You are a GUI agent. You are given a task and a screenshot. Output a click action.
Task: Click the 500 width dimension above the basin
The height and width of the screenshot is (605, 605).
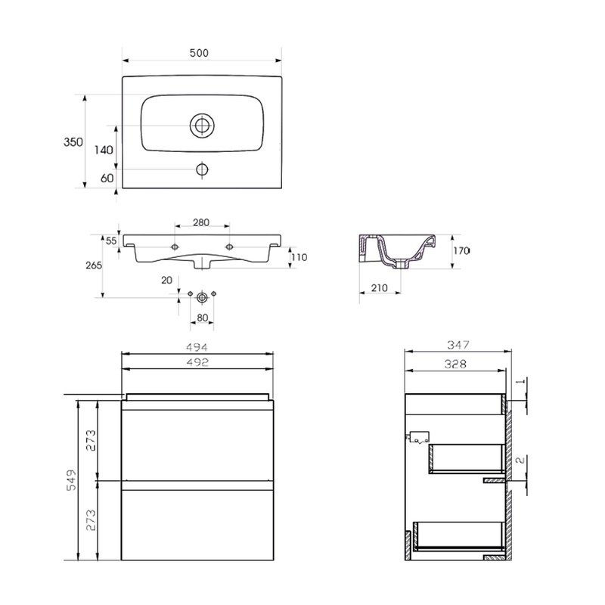click(x=199, y=53)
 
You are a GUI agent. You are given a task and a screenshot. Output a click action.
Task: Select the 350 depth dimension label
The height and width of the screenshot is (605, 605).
click(x=73, y=142)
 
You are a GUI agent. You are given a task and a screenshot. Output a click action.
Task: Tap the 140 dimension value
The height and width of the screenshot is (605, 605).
click(x=104, y=150)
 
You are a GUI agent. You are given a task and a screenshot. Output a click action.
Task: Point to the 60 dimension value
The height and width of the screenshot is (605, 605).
click(x=106, y=178)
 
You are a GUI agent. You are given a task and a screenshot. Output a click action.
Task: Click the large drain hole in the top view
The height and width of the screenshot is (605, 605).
click(x=203, y=126)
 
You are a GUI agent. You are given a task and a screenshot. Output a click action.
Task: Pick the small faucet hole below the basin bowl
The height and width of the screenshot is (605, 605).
click(x=202, y=169)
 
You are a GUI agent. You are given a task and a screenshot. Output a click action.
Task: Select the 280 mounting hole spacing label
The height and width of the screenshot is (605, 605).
click(x=200, y=223)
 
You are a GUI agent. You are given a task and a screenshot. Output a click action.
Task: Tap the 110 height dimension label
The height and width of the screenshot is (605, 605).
click(x=299, y=257)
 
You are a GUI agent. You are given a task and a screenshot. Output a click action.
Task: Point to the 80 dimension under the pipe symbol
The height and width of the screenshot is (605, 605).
click(x=202, y=317)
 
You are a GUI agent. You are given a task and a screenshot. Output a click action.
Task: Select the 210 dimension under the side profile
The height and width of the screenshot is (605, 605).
click(x=380, y=288)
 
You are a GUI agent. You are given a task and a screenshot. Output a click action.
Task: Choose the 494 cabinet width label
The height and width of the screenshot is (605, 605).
click(x=197, y=347)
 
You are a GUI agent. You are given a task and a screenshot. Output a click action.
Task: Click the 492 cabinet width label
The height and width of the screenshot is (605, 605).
click(x=197, y=362)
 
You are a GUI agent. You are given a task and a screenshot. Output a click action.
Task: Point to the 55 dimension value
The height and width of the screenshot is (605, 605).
click(x=111, y=240)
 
